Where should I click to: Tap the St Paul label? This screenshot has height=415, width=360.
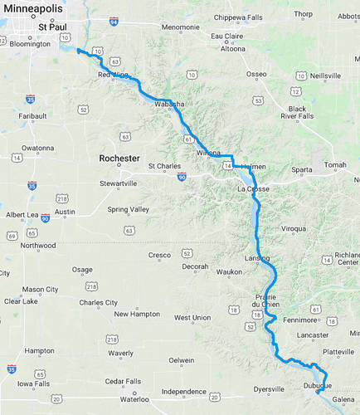(x=51, y=27)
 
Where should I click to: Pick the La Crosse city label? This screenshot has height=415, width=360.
(x=253, y=189)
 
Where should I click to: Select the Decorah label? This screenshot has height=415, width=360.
(x=196, y=266)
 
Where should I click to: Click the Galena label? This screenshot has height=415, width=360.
(x=343, y=399)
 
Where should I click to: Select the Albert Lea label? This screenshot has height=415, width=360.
(x=22, y=215)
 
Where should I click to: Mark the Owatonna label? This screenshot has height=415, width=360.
(x=37, y=148)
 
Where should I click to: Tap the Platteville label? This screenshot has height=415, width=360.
(x=338, y=352)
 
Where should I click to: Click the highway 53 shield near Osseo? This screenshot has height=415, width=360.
(x=259, y=100)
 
